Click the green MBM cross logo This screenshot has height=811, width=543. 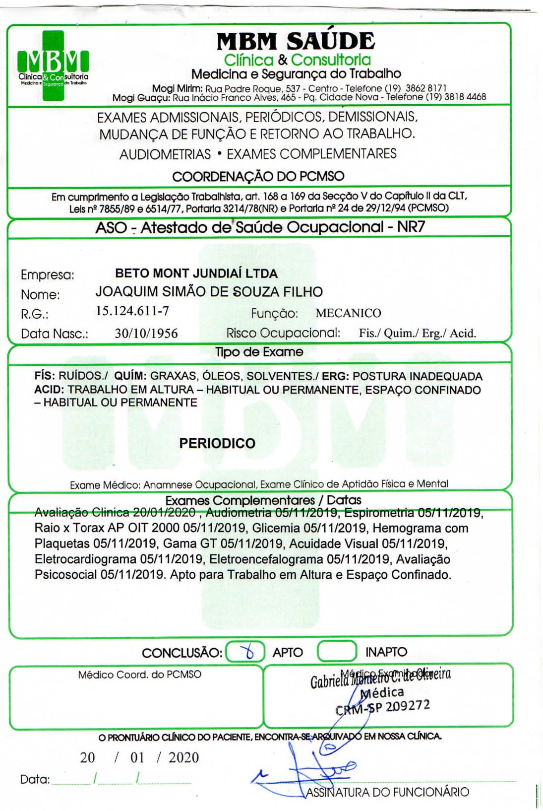click(x=53, y=65)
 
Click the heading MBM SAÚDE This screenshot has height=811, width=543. click(x=296, y=41)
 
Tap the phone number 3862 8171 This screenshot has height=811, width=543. click(x=426, y=88)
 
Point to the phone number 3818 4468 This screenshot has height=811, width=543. click(x=465, y=97)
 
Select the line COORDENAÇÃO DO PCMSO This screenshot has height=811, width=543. click(x=258, y=176)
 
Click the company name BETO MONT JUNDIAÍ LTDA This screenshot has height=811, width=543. click(x=196, y=273)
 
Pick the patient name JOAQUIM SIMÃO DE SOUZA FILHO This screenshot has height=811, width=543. click(x=209, y=292)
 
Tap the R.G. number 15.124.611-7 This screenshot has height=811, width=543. click(x=132, y=311)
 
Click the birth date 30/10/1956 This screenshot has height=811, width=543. click(x=146, y=334)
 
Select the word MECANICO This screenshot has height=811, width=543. click(x=348, y=313)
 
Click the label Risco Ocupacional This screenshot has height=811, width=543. click(x=283, y=333)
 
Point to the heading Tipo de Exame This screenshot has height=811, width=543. click(x=259, y=352)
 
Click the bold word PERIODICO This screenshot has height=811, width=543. click(x=217, y=443)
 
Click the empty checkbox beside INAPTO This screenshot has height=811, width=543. click(x=337, y=651)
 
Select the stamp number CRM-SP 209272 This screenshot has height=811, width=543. click(x=382, y=707)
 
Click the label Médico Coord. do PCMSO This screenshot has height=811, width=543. click(x=139, y=675)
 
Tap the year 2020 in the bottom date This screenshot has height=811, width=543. click(x=183, y=757)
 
